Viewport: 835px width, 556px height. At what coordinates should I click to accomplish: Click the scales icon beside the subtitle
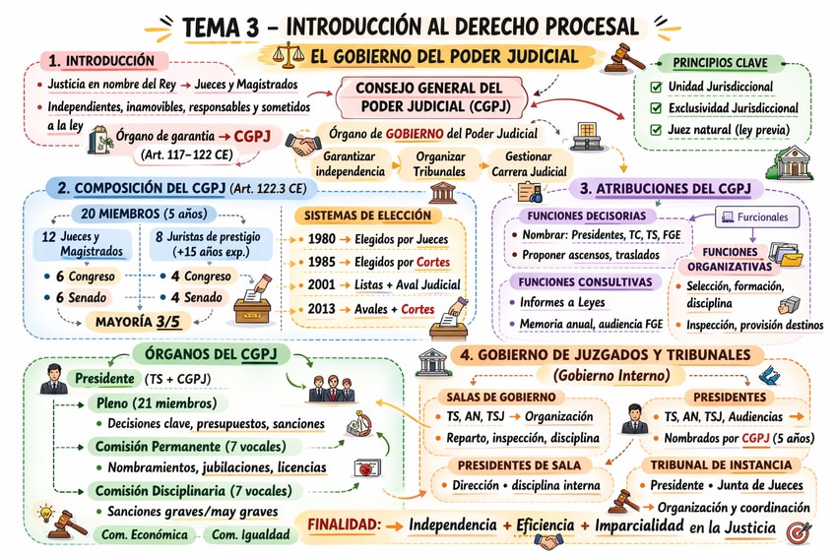coord(289,55)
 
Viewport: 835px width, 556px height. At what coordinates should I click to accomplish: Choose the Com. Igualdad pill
coord(251,534)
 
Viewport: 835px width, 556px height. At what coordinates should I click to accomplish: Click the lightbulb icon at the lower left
coord(44,513)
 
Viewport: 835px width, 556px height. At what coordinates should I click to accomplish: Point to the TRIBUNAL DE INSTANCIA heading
coord(720,464)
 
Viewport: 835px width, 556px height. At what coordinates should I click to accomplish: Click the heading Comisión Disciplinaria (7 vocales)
coord(193,490)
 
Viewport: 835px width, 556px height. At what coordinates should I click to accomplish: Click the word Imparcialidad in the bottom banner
coord(637,525)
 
